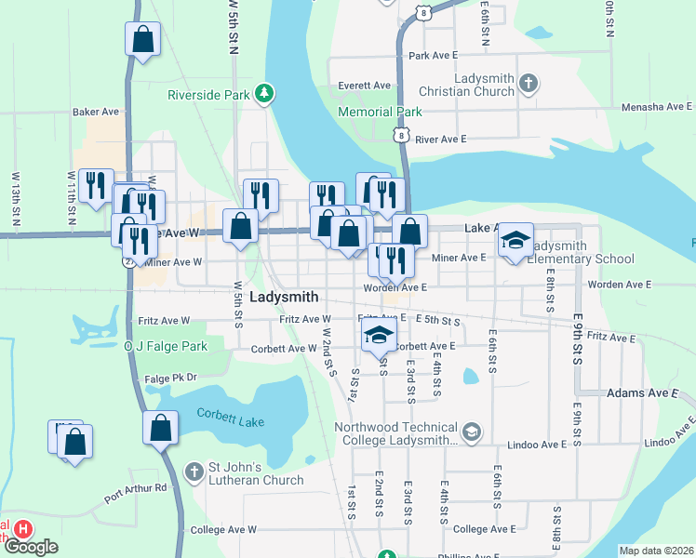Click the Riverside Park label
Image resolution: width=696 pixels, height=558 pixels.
209,94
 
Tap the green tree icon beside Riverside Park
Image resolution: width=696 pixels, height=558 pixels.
265,93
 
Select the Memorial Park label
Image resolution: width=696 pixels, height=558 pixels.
380,112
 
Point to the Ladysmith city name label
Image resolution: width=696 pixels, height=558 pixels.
285,297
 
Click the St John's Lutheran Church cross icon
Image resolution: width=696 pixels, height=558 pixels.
194,472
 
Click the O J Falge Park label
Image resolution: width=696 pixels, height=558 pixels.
166,346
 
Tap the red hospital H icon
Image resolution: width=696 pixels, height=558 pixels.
24,529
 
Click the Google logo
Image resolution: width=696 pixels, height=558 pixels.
31,547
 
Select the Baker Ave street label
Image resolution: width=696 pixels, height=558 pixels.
96,112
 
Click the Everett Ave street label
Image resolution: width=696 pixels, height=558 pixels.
364,85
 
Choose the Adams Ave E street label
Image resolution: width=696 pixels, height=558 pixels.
643,393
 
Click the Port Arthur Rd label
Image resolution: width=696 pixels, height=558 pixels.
135,487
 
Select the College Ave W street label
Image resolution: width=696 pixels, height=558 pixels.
222,529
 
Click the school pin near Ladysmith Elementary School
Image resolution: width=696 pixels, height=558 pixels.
515,241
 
